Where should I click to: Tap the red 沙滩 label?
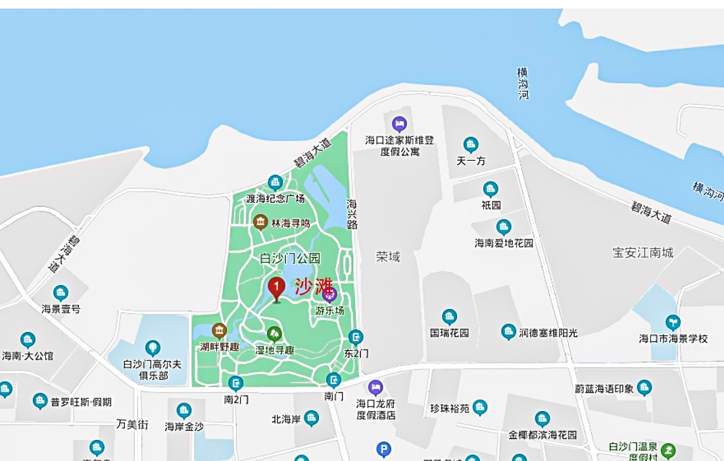pyautogui.click(x=313, y=286)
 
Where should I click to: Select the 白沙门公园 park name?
pyautogui.click(x=290, y=258)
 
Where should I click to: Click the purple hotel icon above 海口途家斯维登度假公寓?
pyautogui.click(x=399, y=123)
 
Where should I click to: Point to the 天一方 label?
pyautogui.click(x=471, y=161)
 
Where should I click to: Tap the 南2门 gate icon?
pyautogui.click(x=236, y=383)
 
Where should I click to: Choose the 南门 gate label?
pyautogui.click(x=334, y=396)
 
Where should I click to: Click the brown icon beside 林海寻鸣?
pyautogui.click(x=260, y=222)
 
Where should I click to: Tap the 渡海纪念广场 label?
pyautogui.click(x=276, y=198)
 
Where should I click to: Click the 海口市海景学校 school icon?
pyautogui.click(x=673, y=322)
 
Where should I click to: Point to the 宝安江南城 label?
pyautogui.click(x=642, y=252)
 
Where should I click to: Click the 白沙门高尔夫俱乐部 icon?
pyautogui.click(x=153, y=347)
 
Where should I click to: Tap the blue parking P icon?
pyautogui.click(x=383, y=449)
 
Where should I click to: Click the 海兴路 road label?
pyautogui.click(x=352, y=214)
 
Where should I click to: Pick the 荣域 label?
pyautogui.click(x=388, y=256)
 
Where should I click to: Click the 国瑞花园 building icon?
pyautogui.click(x=450, y=317)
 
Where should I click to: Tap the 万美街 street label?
pyautogui.click(x=133, y=424)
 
